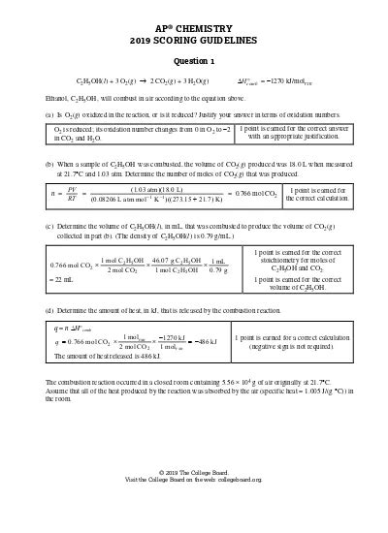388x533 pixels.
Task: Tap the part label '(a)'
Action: (x=49, y=113)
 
